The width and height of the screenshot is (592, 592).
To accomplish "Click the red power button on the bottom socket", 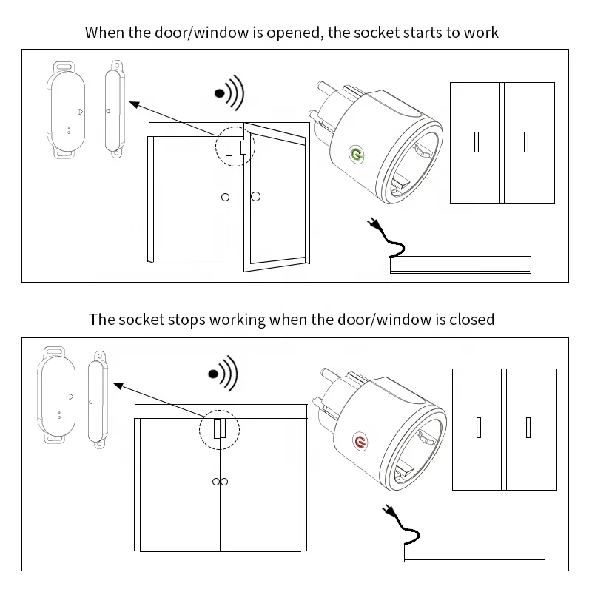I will [x=361, y=442].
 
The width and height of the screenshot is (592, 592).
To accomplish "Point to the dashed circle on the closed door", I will [x=219, y=428].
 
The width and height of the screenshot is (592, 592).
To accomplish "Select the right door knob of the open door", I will [x=256, y=196].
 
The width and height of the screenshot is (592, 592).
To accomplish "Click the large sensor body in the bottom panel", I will [x=55, y=394].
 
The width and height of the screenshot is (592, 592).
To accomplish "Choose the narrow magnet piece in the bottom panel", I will [x=98, y=398].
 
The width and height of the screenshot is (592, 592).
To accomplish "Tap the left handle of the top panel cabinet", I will [x=477, y=141].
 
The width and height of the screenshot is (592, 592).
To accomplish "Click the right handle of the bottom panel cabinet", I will [x=528, y=428].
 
